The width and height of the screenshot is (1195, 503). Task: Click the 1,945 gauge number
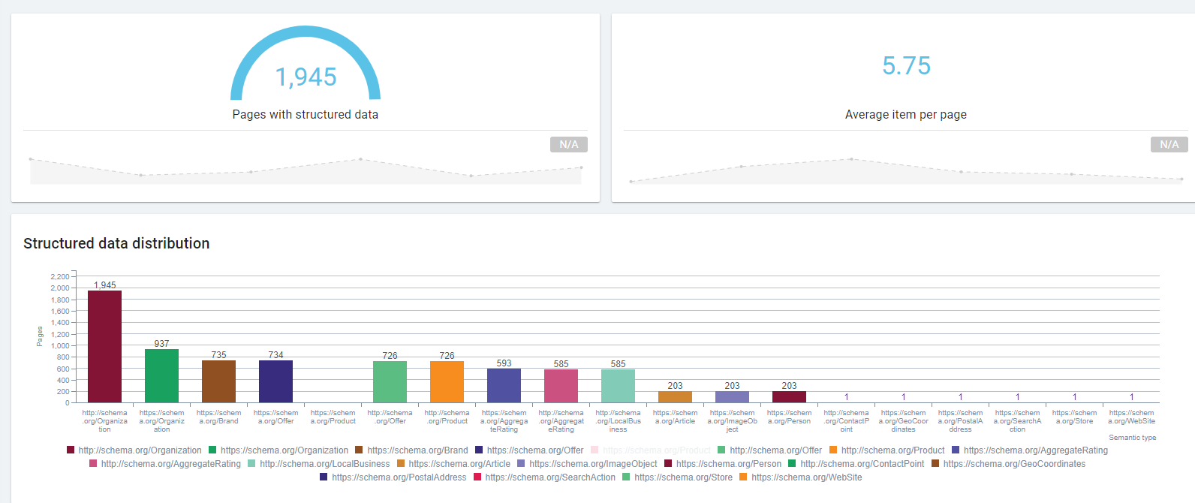coord(306,77)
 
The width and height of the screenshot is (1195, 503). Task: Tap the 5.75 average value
coord(906,66)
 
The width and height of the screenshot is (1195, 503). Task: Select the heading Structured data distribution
coord(116,243)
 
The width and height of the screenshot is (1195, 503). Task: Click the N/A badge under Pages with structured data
coord(569,144)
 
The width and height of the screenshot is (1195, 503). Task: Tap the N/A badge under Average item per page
coord(1169,144)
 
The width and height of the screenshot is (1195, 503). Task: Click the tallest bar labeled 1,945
coord(104,346)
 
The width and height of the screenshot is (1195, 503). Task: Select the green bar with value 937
coord(161,375)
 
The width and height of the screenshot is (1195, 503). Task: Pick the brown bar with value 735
coord(218,381)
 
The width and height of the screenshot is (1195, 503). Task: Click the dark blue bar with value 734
coord(275,381)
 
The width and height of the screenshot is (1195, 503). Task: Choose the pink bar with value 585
coord(561,386)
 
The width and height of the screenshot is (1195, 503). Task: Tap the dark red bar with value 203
coord(789,396)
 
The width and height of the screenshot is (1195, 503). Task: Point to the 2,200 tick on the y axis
coord(60,277)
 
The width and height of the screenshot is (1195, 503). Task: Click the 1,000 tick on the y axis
coord(60,346)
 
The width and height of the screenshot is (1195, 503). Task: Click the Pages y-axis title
coord(40,336)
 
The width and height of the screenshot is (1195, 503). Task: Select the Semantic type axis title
coord(1132,438)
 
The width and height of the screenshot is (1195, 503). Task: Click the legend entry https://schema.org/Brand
coord(417,450)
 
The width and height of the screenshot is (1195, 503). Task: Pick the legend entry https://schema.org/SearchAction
coord(549,477)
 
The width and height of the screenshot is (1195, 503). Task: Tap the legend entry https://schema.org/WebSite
coord(806,477)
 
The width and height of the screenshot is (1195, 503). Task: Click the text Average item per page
coord(905,115)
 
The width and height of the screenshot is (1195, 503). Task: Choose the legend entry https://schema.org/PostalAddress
coord(399,477)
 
